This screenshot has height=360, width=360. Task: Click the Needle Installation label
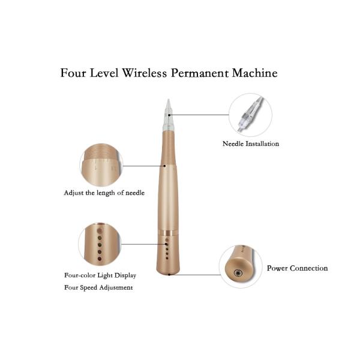coord(251,144)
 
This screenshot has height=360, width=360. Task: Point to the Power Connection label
coord(297,268)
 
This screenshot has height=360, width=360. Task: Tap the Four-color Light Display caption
coord(100,275)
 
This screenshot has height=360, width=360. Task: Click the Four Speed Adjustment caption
coord(98,287)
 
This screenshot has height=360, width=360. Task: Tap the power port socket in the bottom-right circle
coord(238,273)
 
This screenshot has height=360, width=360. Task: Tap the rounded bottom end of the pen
coord(169,272)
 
